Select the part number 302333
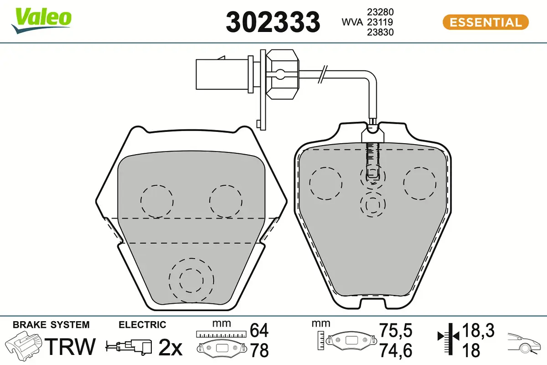click(x=273, y=22)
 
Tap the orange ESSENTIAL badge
click(x=485, y=22)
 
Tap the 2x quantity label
click(x=170, y=348)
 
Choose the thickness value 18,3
click(x=478, y=329)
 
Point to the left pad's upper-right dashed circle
click(x=225, y=201)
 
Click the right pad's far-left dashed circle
click(x=325, y=183)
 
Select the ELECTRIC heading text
click(x=142, y=325)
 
